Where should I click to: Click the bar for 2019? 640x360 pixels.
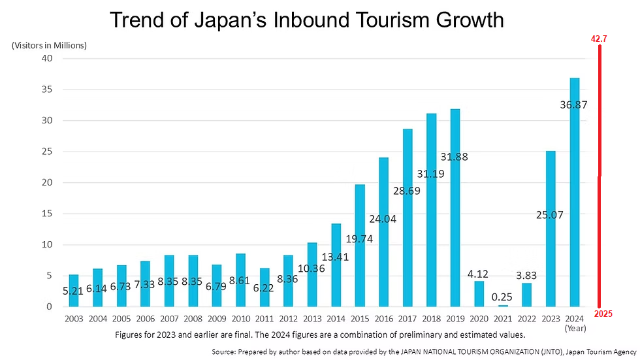click(x=455, y=209)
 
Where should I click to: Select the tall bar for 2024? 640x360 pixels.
click(x=574, y=196)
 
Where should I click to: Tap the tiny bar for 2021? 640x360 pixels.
click(x=502, y=305)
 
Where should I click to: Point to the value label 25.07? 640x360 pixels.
click(x=551, y=214)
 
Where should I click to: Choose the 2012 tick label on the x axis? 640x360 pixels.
click(x=287, y=319)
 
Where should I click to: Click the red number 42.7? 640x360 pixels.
click(x=599, y=39)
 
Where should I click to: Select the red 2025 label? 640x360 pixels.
click(x=603, y=314)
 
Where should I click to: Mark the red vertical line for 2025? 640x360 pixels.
click(x=599, y=176)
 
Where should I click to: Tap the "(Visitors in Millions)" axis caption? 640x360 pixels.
click(x=49, y=45)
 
